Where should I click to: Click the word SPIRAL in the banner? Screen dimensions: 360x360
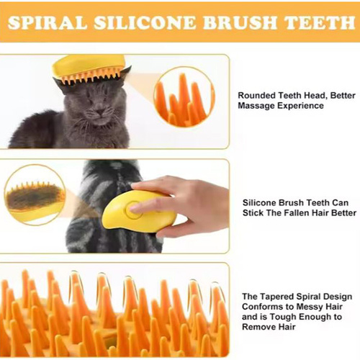tap(48, 22)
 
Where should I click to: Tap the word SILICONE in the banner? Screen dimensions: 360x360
tap(145, 22)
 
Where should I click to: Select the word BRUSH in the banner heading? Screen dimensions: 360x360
tap(240, 22)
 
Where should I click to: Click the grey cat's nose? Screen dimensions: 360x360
tap(100, 112)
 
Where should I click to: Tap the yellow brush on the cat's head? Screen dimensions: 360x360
tap(89, 70)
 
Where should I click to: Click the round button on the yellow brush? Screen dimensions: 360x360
tap(133, 210)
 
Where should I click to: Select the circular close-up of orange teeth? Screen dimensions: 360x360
tap(184, 96)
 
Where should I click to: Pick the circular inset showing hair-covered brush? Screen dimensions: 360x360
tap(35, 194)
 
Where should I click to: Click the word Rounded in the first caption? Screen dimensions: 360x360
tap(256, 96)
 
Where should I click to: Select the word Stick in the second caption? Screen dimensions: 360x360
tap(253, 213)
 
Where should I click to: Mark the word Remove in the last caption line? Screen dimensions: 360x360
tap(256, 327)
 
